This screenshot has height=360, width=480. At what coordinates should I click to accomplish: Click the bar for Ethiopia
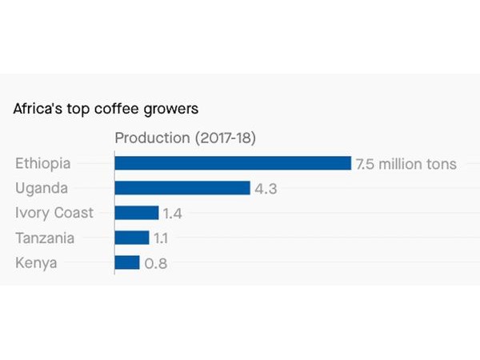233,163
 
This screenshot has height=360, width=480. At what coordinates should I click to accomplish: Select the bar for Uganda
182,188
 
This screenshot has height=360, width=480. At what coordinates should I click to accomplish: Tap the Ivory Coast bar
137,213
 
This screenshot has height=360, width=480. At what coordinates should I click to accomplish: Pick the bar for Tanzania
132,238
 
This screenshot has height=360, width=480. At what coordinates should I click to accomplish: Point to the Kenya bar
127,262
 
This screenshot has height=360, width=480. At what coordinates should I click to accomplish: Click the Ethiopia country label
43,163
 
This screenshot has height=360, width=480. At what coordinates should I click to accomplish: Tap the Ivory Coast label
54,213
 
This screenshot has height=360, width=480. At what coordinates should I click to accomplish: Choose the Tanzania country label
45,238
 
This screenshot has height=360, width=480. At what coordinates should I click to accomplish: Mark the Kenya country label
36,262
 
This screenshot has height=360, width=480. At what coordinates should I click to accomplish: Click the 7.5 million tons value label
406,164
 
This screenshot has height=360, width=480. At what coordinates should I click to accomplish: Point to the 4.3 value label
266,189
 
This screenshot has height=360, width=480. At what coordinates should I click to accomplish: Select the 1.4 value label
173,214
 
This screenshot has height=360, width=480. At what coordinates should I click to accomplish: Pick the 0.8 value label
155,263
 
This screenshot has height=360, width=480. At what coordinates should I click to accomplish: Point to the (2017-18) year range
225,138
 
